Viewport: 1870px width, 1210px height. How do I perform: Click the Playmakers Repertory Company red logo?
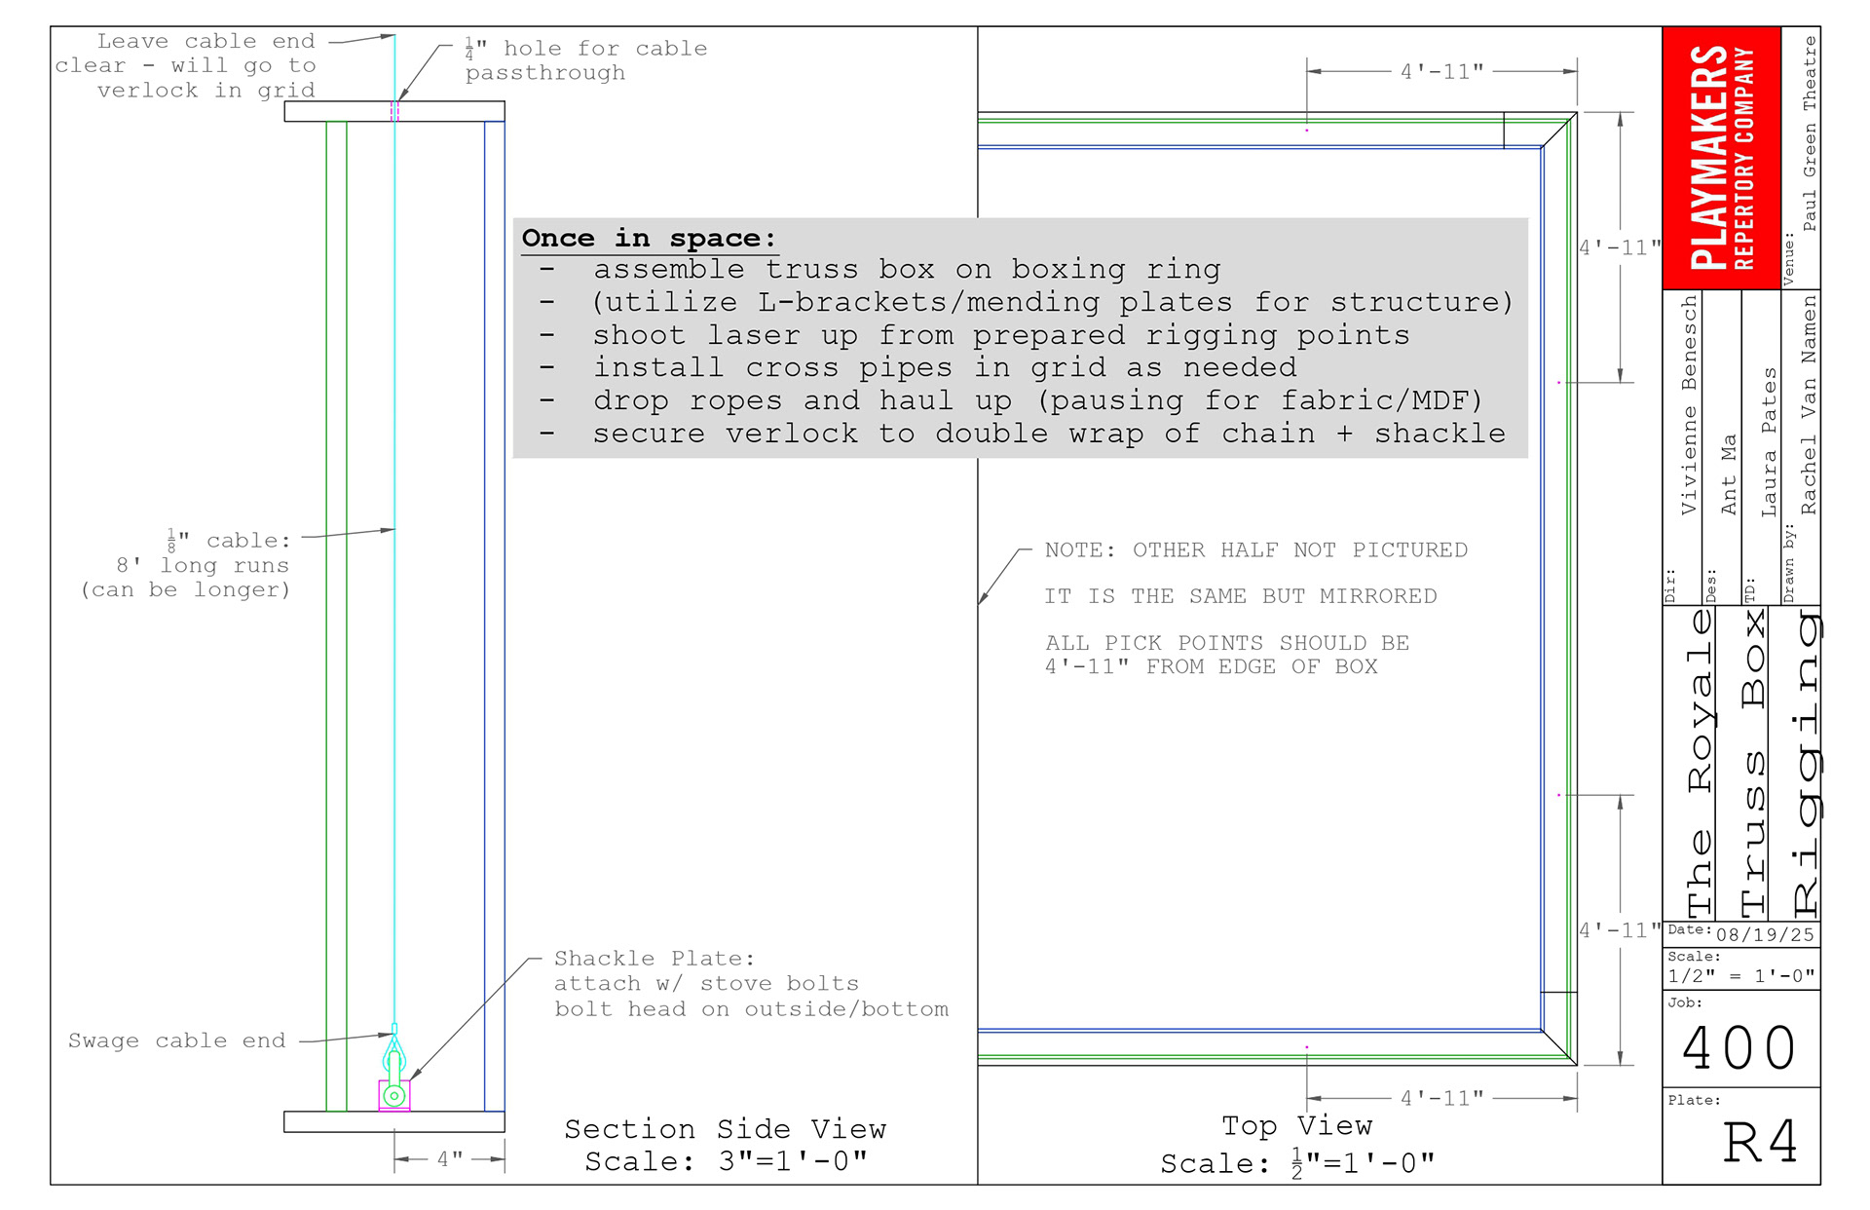[1721, 158]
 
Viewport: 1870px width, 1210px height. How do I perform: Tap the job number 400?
[1739, 1048]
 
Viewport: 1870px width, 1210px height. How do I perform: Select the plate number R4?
[1760, 1142]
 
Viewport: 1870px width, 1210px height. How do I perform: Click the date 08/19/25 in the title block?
[1765, 935]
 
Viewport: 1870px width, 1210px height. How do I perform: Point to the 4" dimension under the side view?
[449, 1159]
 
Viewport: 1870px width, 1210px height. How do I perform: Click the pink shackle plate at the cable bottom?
[394, 1096]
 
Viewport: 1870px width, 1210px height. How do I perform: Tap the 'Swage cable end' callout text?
[176, 1040]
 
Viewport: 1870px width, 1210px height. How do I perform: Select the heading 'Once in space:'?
[649, 239]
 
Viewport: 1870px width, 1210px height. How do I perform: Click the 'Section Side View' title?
[726, 1129]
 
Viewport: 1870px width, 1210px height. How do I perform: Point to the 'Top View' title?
[1296, 1126]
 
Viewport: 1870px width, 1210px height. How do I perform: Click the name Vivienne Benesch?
[1689, 405]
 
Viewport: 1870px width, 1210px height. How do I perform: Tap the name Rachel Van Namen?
[1809, 405]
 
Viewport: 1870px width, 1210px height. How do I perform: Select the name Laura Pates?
[1769, 441]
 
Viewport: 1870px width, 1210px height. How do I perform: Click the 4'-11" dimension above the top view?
[1441, 71]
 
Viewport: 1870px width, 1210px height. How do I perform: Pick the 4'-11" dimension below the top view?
[1441, 1098]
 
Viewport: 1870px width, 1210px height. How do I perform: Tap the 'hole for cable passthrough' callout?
[585, 60]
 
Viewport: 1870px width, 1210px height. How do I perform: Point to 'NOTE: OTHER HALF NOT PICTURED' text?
[1255, 550]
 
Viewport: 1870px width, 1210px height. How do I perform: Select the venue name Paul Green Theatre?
[1810, 133]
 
